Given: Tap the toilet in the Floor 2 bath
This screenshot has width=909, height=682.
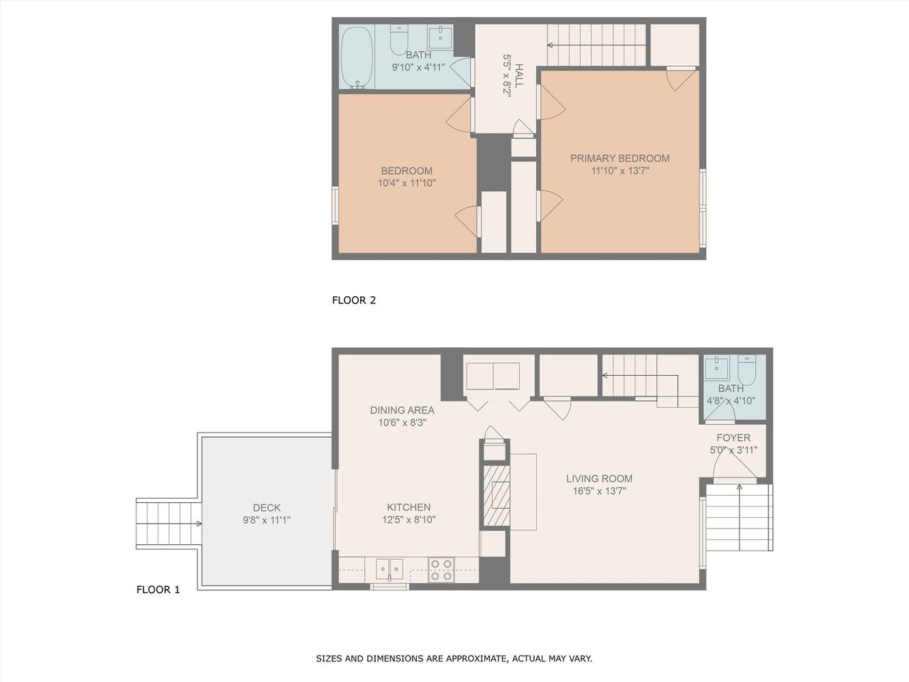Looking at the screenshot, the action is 399,40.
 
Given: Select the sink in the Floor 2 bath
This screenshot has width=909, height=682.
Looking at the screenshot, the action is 440,37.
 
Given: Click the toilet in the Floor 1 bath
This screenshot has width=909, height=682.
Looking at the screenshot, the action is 746,369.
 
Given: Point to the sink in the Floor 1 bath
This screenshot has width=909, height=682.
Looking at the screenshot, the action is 717,367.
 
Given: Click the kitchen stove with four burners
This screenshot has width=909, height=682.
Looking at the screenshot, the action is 441,570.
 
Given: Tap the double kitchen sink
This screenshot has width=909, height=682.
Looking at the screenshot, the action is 389,569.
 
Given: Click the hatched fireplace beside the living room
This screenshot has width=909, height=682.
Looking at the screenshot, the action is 496,496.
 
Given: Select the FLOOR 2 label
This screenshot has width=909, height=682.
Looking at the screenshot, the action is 354,301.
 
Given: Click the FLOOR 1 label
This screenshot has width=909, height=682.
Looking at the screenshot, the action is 158,590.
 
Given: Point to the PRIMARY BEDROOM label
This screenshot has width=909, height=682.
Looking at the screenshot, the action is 619,158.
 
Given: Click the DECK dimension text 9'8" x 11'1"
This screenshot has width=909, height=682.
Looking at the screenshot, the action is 267,520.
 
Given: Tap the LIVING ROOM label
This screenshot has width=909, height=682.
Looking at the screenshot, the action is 599,479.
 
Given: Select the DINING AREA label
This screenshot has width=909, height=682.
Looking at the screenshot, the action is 402,411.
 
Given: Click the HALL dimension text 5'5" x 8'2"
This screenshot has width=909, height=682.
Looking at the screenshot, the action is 507,76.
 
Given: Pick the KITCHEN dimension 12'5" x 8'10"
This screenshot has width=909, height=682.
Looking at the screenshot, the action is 409,520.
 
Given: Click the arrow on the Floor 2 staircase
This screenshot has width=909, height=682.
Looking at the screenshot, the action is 597,45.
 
